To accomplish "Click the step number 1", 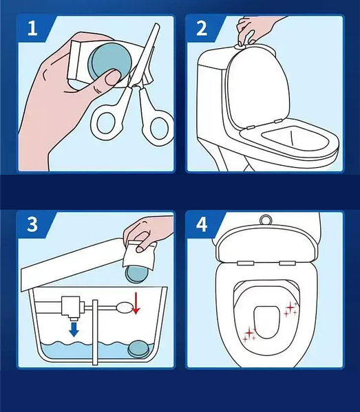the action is tap(32, 28).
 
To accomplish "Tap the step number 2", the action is tap(202, 28).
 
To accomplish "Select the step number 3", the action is tap(32, 224).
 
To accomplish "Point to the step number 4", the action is tap(202, 224).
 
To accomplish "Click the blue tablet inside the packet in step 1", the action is tap(109, 61).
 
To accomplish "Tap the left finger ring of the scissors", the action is tap(106, 123).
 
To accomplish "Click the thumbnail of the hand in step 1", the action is tap(113, 76).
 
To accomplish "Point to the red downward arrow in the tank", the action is tap(136, 303).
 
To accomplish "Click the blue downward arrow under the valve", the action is tap(74, 329).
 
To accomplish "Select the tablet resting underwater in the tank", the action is tap(138, 349).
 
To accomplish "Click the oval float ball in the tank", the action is tap(124, 308).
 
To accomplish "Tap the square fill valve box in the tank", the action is tap(71, 306).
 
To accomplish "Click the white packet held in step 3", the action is tap(140, 254).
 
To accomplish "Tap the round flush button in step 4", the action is tap(266, 220).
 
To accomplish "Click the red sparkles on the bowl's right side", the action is tap(290, 309).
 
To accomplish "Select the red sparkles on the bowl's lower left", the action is tap(249, 334).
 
